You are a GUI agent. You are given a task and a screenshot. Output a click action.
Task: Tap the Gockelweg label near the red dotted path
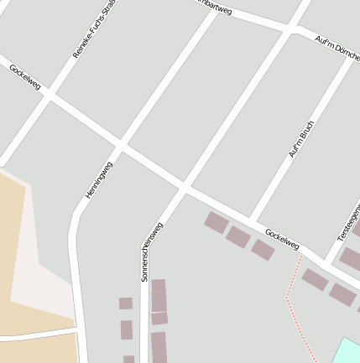pyautogui.click(x=282, y=239)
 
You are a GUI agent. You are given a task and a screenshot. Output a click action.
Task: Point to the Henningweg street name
pyautogui.click(x=98, y=179)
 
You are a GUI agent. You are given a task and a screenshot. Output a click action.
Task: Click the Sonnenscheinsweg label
pyautogui.click(x=152, y=251)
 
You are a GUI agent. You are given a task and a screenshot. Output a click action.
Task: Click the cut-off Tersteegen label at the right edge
pyautogui.click(x=348, y=223)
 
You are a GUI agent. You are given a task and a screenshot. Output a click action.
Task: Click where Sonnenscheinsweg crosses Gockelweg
pyautogui.click(x=183, y=185)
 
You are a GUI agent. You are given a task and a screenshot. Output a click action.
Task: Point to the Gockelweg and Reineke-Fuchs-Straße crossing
pyautogui.click(x=50, y=95)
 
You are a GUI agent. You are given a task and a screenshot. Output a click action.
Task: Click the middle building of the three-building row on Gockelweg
pyautogui.click(x=238, y=236)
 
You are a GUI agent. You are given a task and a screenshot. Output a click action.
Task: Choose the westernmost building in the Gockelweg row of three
pyautogui.click(x=216, y=222)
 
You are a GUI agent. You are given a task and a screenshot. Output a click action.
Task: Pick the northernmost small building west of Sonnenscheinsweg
pyautogui.click(x=125, y=303)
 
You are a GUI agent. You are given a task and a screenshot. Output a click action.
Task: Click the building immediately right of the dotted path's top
pyautogui.click(x=315, y=279)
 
